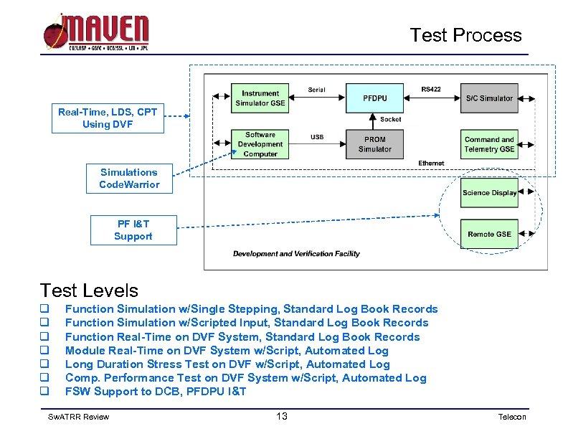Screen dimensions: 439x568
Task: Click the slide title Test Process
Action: coord(465,35)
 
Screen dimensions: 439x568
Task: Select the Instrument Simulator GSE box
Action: coord(260,98)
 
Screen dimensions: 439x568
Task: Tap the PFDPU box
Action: coord(374,98)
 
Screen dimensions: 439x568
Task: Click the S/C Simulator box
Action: coord(489,98)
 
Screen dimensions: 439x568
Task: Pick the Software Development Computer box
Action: coord(260,144)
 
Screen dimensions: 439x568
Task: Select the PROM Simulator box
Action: coord(374,144)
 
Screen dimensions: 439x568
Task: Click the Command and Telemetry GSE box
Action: coord(489,144)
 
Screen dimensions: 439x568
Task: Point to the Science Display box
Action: coord(489,193)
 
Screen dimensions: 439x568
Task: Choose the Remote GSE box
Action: coord(489,234)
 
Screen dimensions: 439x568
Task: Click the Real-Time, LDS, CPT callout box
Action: coord(108,118)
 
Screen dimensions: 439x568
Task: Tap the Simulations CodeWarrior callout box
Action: coord(130,179)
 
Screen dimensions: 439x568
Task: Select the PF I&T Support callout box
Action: coord(133,230)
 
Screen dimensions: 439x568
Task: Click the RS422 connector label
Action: coord(431,90)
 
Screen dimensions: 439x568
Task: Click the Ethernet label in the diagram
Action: coord(431,164)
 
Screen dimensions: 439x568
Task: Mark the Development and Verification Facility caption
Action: coord(296,254)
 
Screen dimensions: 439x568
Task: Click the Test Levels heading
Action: coord(89,291)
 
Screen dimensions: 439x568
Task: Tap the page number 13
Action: coord(282,417)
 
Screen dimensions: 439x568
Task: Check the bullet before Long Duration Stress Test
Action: coord(44,364)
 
